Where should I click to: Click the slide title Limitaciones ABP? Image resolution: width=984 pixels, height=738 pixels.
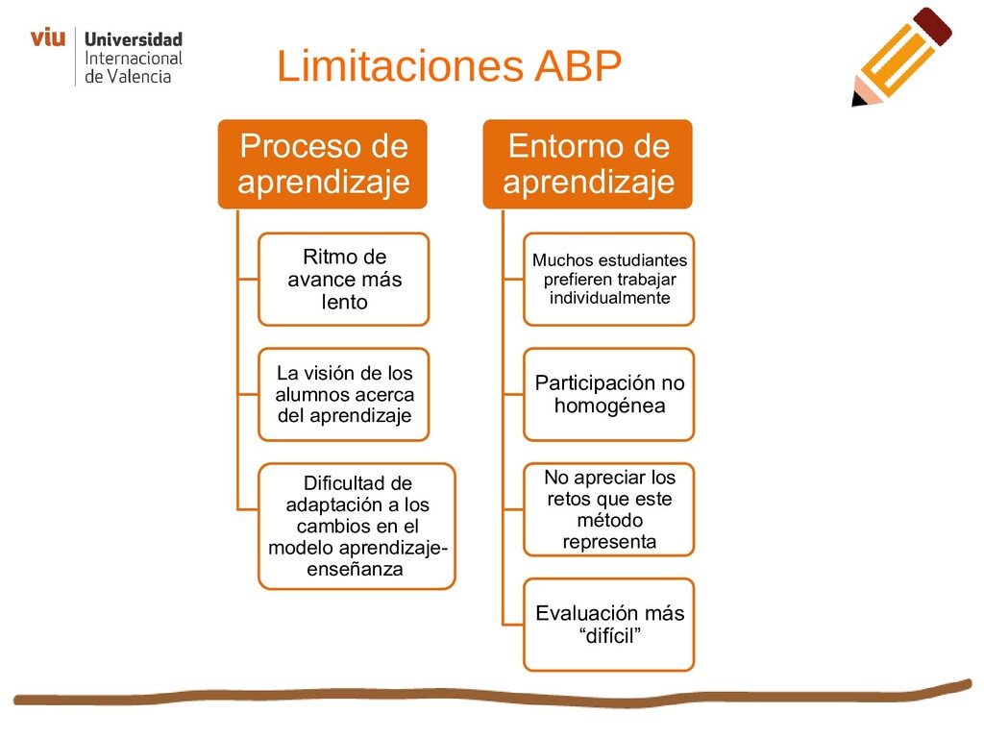coord(449,67)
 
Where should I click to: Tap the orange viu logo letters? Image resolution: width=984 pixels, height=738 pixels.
coord(47,38)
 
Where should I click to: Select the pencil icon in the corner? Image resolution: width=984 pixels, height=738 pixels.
coord(900,57)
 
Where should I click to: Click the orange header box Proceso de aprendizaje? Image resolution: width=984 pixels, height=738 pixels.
coord(323,163)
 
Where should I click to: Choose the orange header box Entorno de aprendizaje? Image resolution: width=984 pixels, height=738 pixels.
coord(588,163)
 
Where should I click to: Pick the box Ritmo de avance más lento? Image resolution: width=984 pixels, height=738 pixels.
coord(344,280)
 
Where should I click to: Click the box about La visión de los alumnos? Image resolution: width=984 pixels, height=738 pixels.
coord(344,394)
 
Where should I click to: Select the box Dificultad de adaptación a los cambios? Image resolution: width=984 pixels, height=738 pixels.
coord(357,527)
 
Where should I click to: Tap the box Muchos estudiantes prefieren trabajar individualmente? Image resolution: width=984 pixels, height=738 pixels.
coord(609,280)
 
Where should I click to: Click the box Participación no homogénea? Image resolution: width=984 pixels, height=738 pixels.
coord(609,394)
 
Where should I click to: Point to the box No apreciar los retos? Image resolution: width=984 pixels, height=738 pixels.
coord(609,509)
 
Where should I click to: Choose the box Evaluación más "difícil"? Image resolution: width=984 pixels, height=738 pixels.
coord(609,625)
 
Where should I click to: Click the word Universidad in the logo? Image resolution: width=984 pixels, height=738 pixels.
coord(134,40)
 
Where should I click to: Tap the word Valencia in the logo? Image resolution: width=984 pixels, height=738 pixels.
coord(140,76)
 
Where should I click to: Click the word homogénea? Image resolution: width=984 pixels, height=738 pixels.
coord(609,406)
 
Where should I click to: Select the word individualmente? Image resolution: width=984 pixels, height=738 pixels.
coord(609,298)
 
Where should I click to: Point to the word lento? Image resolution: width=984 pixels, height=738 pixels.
coord(344,303)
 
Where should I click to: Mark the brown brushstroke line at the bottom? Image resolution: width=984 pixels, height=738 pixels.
coord(480,696)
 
